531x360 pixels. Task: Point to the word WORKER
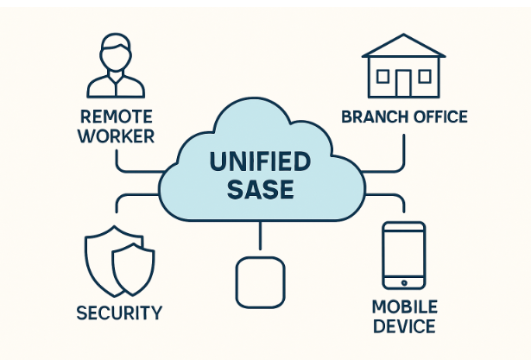point(117,136)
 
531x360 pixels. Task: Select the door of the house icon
point(403,84)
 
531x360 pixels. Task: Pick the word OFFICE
point(438,117)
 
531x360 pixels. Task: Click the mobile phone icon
point(403,256)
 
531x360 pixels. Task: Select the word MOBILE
point(404,307)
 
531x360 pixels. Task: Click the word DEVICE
point(404,326)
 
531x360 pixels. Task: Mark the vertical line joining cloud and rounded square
point(260,238)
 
